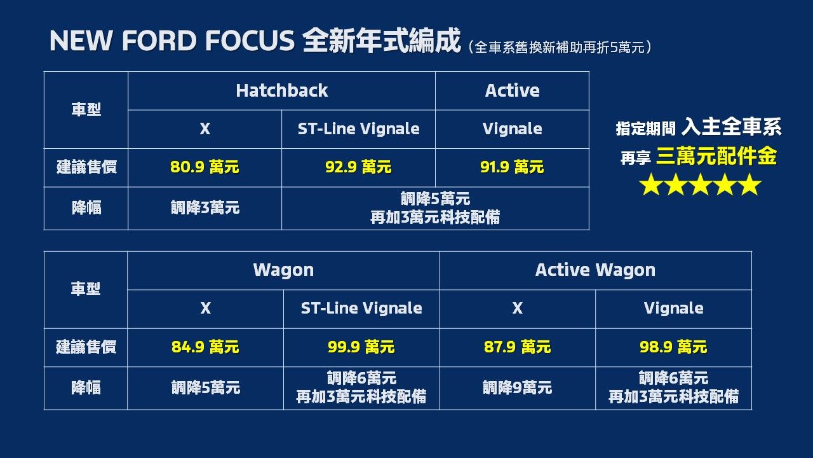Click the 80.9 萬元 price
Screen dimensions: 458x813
click(x=205, y=167)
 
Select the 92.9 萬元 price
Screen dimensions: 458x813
click(x=358, y=167)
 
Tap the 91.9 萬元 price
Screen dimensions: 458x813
click(x=512, y=167)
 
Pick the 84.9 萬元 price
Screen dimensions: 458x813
click(x=205, y=347)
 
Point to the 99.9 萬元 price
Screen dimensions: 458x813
click(x=361, y=347)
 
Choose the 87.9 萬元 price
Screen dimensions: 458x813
click(x=517, y=347)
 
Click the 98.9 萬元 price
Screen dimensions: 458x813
click(x=673, y=347)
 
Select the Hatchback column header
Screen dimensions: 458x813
click(x=281, y=90)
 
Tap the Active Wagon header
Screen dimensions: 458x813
click(x=595, y=270)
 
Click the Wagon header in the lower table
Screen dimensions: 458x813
click(x=283, y=270)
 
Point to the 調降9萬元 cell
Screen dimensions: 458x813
click(x=517, y=387)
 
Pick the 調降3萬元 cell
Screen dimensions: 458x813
click(x=205, y=207)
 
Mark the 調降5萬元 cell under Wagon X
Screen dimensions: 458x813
click(x=205, y=387)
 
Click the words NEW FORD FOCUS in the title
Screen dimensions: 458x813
click(x=171, y=41)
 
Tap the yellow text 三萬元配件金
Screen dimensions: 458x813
click(x=716, y=156)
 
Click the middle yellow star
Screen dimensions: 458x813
click(x=700, y=185)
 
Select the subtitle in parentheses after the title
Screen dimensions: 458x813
click(x=561, y=47)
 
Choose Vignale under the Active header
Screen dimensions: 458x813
click(x=512, y=128)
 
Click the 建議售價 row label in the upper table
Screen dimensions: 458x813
click(x=86, y=167)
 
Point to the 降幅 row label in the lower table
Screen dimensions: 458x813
click(x=86, y=387)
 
